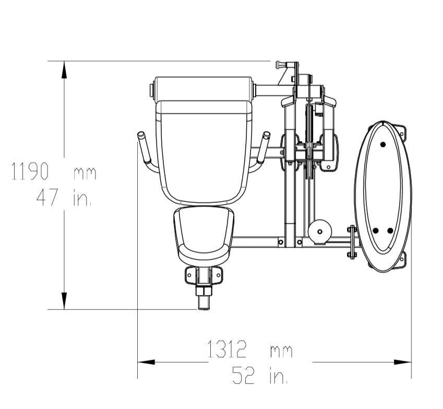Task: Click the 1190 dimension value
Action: point(30,171)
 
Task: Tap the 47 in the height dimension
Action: point(47,197)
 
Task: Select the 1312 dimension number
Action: point(227,349)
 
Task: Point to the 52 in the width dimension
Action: point(243,375)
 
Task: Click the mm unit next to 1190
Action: point(85,173)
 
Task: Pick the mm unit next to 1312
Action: point(281,351)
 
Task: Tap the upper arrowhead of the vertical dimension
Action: point(64,70)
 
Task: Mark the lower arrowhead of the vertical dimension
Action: point(64,300)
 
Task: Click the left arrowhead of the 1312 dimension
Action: point(146,362)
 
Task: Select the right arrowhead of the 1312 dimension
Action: point(403,362)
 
